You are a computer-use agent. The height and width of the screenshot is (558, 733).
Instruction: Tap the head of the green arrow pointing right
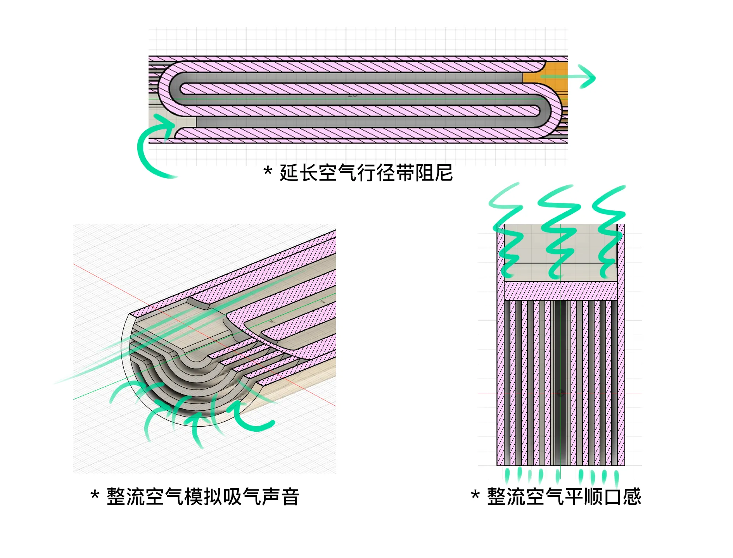coord(588,77)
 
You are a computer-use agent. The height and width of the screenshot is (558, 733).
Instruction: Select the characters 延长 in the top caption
coord(299,173)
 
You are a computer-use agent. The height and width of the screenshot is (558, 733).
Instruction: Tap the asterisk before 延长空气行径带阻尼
coord(268,171)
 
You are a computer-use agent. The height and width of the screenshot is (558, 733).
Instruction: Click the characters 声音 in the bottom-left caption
coord(280,497)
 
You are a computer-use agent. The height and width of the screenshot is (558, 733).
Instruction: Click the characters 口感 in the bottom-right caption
coord(622,497)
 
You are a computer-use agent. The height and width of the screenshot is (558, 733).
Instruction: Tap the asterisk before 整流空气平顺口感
coord(475,495)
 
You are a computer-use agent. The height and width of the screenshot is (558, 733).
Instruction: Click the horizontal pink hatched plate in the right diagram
coord(561,291)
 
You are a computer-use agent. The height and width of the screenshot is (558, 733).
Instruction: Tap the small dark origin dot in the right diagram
coord(560,393)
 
